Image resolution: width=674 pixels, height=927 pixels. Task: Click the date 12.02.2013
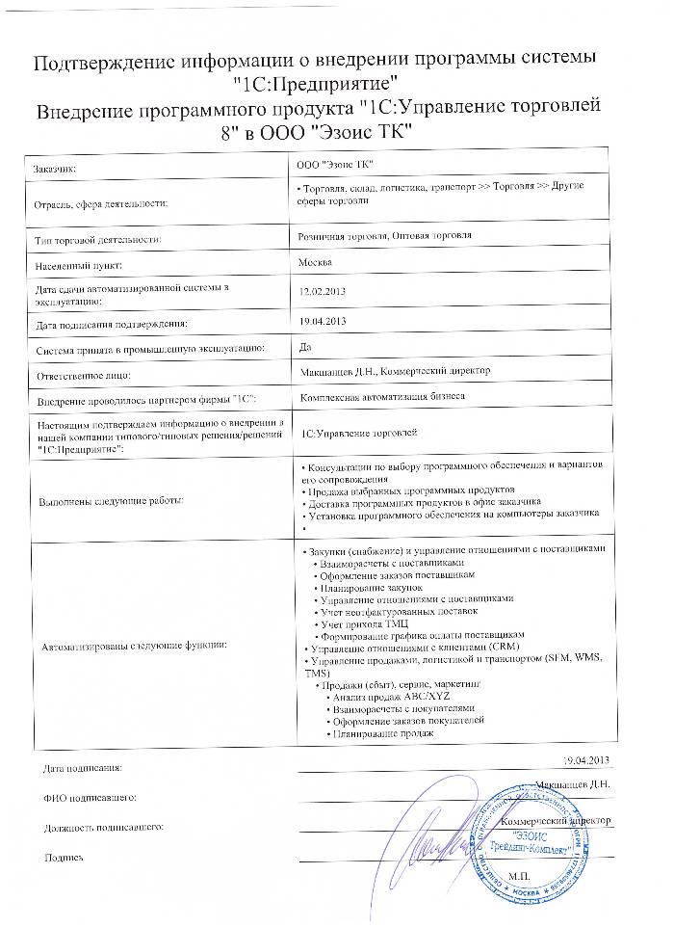tap(323, 290)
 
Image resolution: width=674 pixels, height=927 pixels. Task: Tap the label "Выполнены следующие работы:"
tap(109, 500)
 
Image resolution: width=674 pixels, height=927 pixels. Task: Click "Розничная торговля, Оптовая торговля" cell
tap(385, 234)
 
